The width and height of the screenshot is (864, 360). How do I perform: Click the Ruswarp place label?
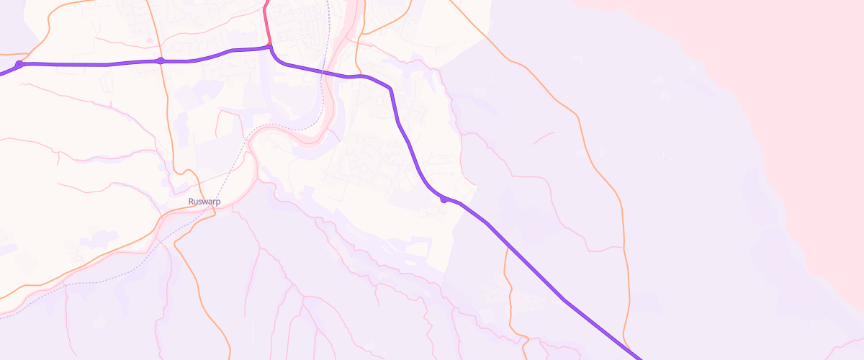click(x=204, y=202)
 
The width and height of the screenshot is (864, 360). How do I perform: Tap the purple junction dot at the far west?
click(x=19, y=65)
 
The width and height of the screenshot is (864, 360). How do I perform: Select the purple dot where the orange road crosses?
click(x=161, y=61)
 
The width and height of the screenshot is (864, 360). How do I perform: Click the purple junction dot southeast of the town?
click(x=444, y=199)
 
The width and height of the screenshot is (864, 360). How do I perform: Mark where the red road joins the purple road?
click(x=270, y=48)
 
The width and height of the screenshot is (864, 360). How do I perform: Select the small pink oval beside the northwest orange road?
click(x=149, y=40)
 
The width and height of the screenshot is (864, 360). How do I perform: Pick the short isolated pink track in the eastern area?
click(x=544, y=137)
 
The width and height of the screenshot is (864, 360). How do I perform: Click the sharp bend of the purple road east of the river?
click(x=390, y=89)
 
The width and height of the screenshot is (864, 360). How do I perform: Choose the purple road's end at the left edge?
click(x=2, y=73)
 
